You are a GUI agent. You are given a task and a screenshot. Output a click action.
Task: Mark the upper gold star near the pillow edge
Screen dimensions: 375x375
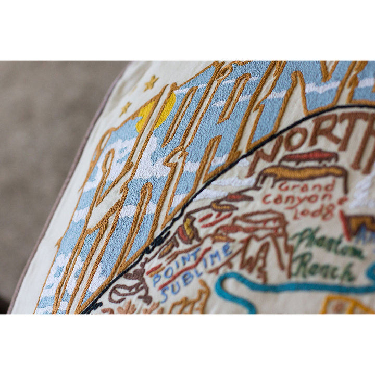click(151, 82)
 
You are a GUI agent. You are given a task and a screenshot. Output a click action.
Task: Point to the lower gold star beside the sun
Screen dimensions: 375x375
click(126, 108)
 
